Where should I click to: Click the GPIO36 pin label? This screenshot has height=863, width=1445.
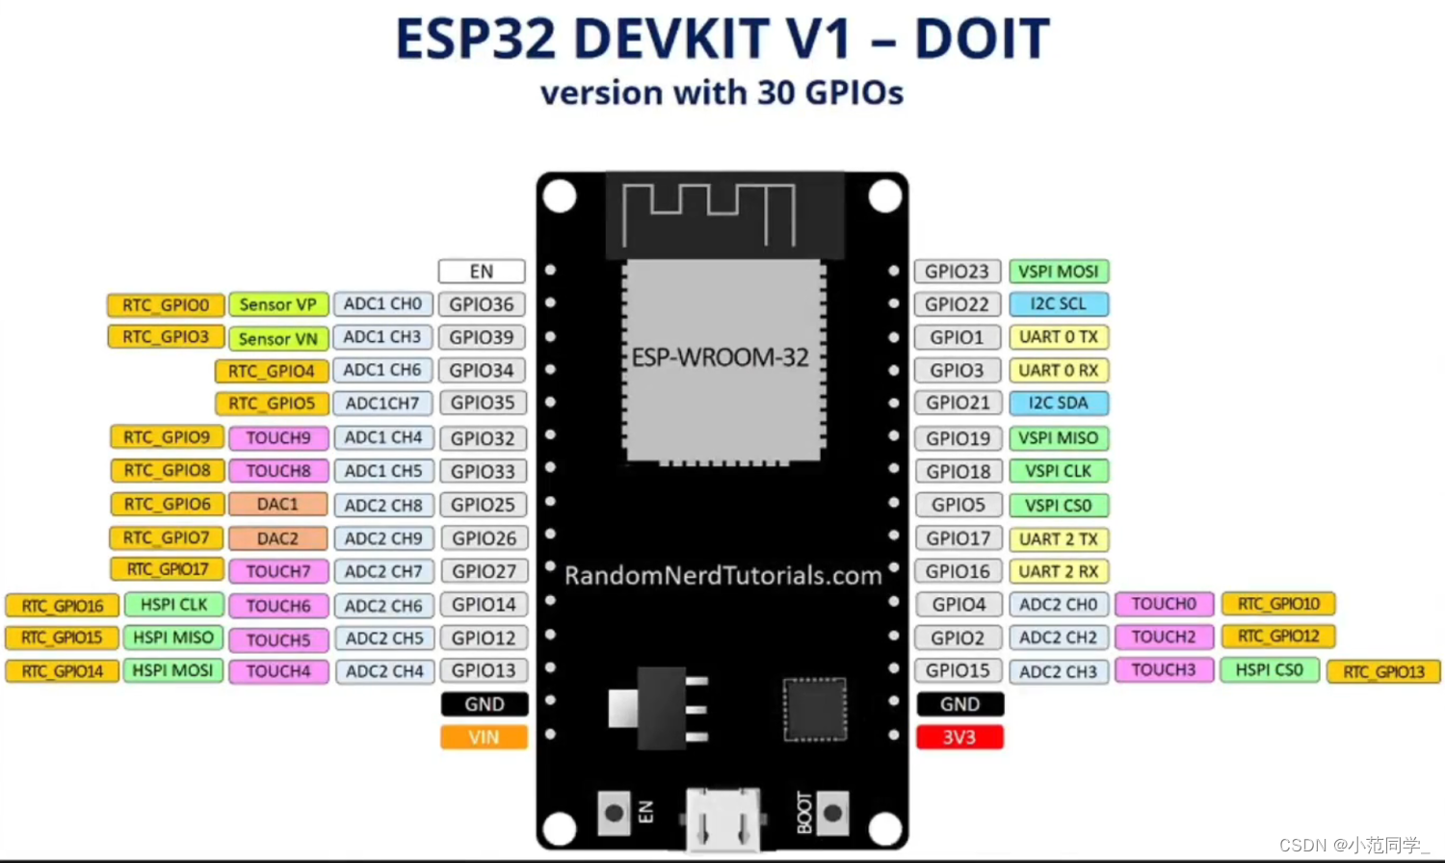(x=482, y=304)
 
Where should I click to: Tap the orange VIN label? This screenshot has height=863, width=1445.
(x=484, y=737)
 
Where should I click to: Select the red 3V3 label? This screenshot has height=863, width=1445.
(x=959, y=737)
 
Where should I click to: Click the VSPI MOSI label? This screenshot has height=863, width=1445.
(x=1058, y=272)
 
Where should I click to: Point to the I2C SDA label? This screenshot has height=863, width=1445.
(x=1058, y=403)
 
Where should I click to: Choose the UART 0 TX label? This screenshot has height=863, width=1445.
(x=1058, y=337)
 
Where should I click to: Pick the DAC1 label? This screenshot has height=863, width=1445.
(x=277, y=504)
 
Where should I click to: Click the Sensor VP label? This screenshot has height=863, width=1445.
(x=277, y=304)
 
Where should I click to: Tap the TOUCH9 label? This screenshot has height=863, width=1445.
(x=277, y=437)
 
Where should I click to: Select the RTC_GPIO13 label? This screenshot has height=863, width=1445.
(x=1383, y=671)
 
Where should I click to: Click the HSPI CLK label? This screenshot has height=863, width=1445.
(x=173, y=604)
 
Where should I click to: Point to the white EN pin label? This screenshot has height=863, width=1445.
(x=482, y=272)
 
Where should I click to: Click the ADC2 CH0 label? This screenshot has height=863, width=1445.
(x=1058, y=604)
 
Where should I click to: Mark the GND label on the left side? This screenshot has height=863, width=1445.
(x=484, y=704)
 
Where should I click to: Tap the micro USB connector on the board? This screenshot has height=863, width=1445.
(x=722, y=819)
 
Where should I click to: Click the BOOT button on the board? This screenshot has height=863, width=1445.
(x=833, y=814)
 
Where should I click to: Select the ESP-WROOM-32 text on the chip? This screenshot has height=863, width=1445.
(x=721, y=357)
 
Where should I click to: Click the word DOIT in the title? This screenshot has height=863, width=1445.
(x=981, y=39)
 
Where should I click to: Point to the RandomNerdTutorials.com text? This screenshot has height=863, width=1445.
(x=722, y=575)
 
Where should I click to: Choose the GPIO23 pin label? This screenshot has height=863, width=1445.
(x=957, y=272)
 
